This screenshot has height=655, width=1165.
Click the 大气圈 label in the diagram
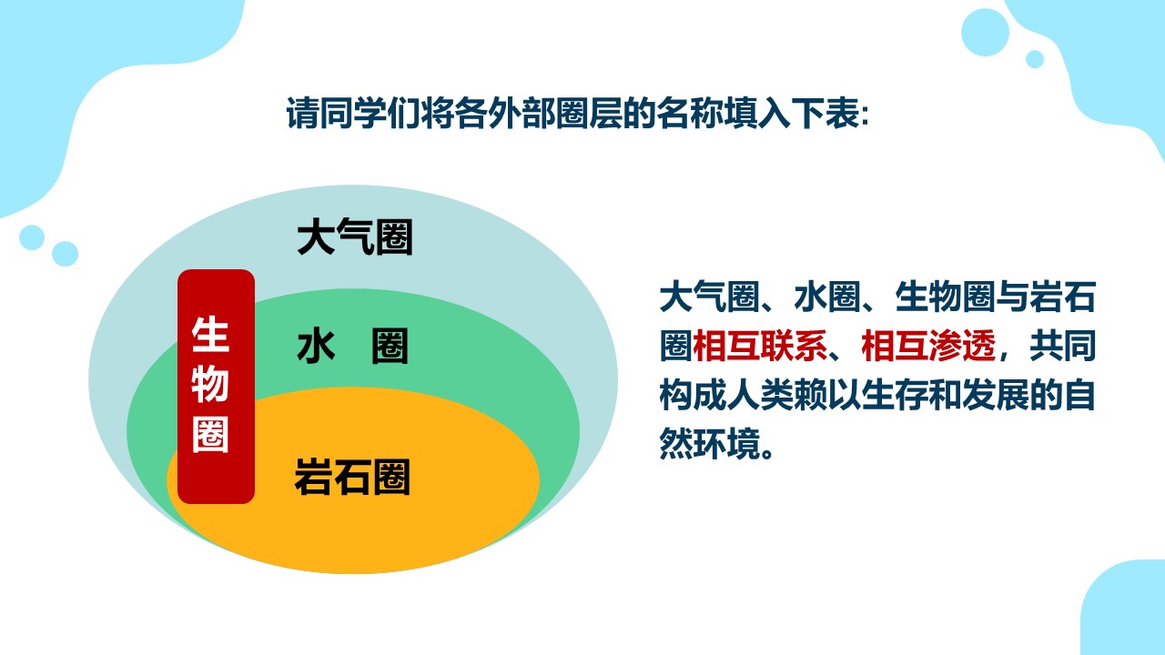355,237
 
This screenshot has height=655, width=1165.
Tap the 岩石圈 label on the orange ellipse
352,477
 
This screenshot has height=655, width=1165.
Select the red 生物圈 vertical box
216,387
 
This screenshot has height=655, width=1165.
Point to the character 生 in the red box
210,335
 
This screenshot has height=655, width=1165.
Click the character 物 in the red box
210,385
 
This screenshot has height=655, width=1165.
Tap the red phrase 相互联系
760,346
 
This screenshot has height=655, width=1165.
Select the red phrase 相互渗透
928,346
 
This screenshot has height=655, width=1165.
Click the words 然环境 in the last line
710,444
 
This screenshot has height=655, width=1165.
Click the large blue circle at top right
985,32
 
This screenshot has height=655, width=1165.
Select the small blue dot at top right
1035,59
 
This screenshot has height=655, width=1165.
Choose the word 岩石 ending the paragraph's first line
1062,297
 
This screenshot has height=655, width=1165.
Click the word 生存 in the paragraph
895,395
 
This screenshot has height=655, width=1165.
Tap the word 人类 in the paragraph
760,395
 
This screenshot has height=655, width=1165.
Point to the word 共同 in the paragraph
1062,346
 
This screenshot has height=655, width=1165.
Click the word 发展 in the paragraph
996,395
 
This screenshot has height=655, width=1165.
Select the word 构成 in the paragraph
693,395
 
